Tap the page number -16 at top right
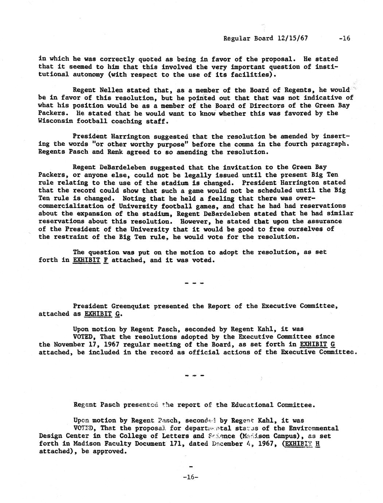pos(344,38)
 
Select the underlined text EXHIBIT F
pos(91,260)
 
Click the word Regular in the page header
pos(237,38)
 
